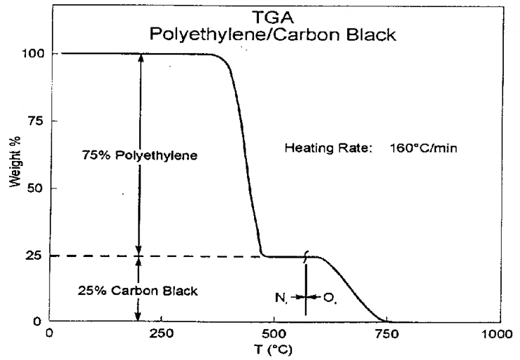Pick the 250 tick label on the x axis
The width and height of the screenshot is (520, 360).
(x=161, y=334)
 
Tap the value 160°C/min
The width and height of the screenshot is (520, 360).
(x=423, y=148)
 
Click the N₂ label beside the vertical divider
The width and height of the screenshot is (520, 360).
(x=281, y=298)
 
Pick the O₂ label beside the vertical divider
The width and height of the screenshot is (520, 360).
(x=330, y=298)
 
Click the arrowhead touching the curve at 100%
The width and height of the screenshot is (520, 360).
(x=141, y=58)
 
